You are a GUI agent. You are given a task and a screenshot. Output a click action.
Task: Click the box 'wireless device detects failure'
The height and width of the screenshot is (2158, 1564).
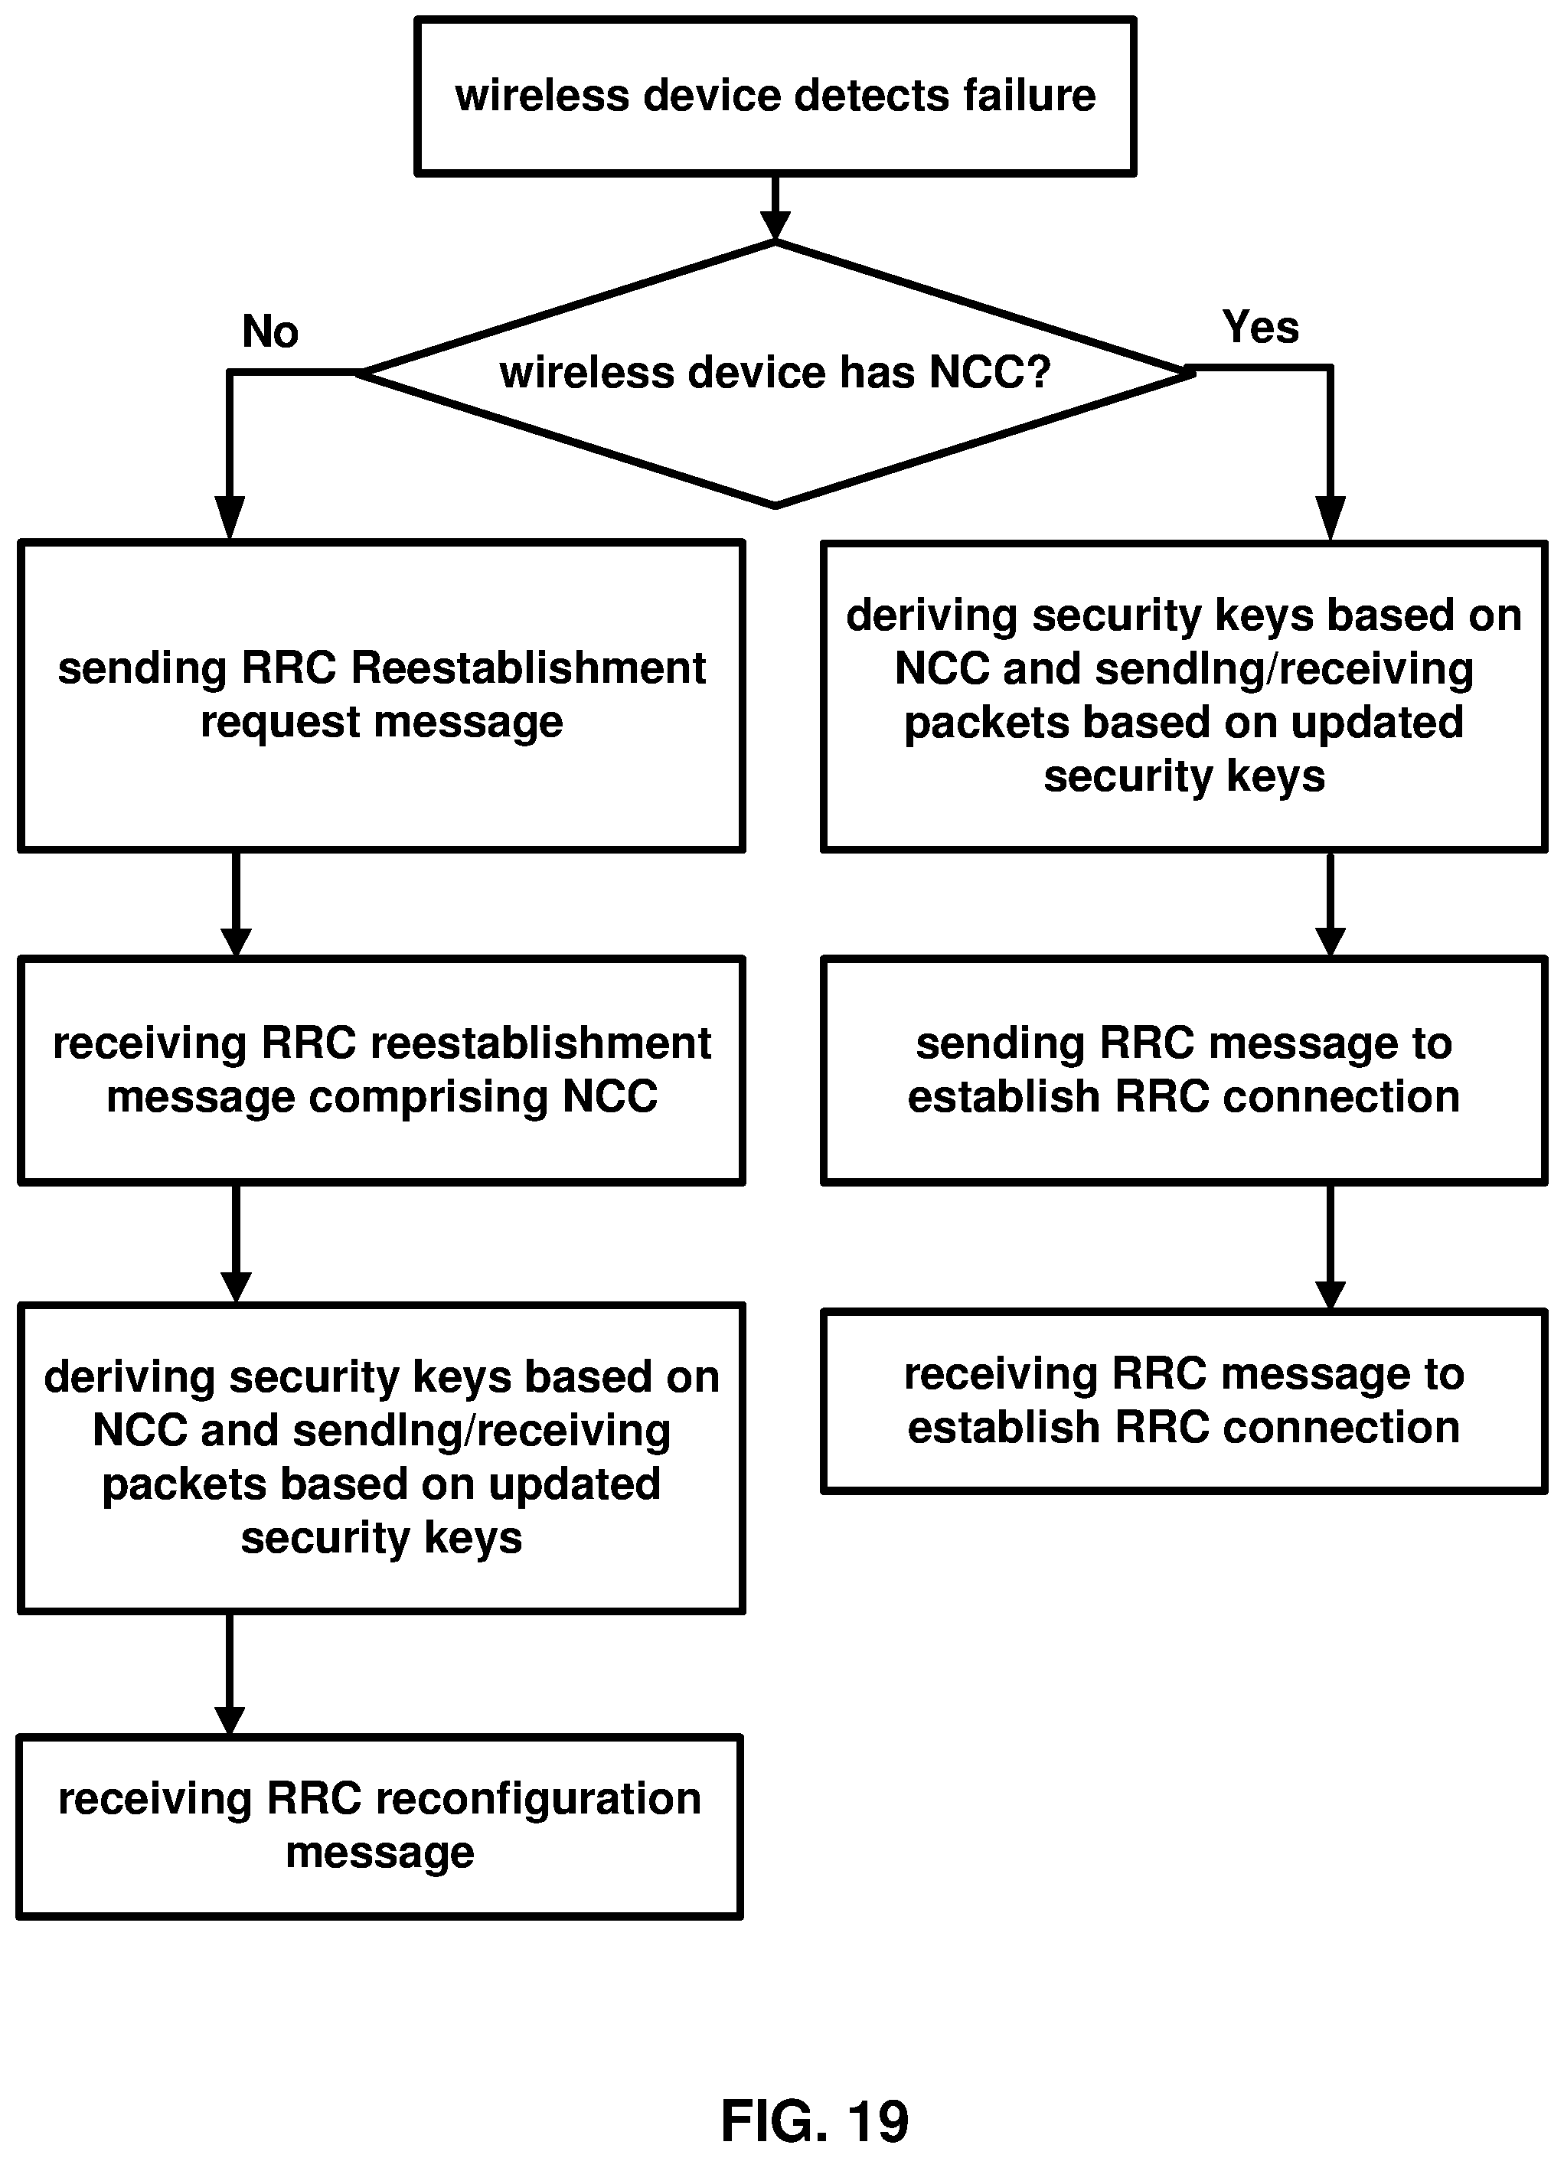pyautogui.click(x=775, y=96)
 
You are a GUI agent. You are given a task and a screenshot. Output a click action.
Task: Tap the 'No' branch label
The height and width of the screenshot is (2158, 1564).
pyautogui.click(x=270, y=331)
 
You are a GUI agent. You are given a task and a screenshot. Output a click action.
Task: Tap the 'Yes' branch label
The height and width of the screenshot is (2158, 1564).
pyautogui.click(x=1261, y=328)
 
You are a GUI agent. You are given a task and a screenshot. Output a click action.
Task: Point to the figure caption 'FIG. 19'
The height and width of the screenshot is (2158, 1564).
pyautogui.click(x=815, y=2120)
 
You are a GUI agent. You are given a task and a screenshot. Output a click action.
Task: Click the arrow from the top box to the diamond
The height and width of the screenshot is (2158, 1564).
pyautogui.click(x=775, y=208)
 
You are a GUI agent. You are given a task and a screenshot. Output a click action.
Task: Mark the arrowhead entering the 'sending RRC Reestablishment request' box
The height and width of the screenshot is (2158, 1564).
pyautogui.click(x=229, y=518)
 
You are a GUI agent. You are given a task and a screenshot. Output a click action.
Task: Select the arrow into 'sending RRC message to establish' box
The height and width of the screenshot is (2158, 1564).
pyautogui.click(x=1330, y=905)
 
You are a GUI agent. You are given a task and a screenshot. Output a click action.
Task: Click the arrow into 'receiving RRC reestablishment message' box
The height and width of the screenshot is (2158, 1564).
pyautogui.click(x=236, y=905)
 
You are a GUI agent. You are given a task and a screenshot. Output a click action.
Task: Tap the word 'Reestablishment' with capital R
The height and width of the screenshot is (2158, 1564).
pyautogui.click(x=529, y=668)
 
